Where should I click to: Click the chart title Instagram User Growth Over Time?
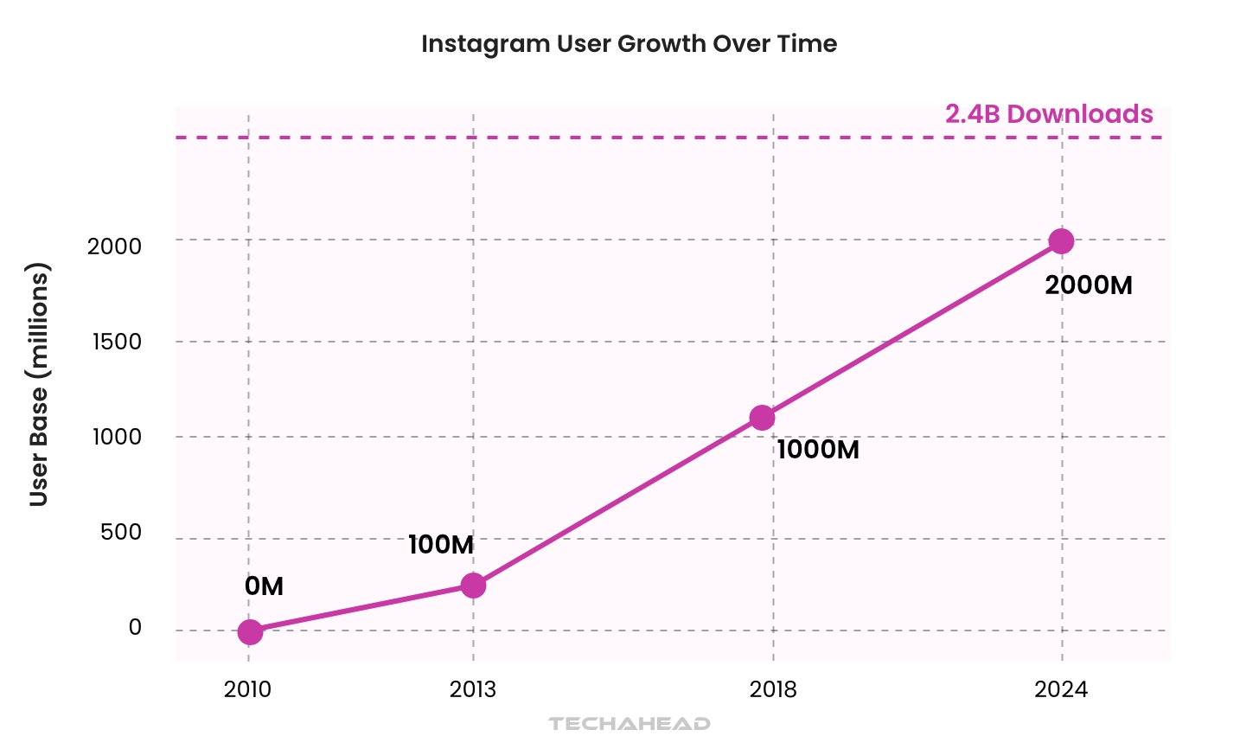(629, 44)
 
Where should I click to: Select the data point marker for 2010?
(249, 632)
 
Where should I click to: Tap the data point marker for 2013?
(473, 586)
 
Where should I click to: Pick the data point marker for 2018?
(762, 418)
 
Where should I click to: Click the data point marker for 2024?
(1061, 241)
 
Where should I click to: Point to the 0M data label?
(264, 586)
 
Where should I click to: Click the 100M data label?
(441, 545)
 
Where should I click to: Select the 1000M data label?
(818, 450)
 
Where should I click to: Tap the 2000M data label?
(1089, 285)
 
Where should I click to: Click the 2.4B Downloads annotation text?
(1049, 114)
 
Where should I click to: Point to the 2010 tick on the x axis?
(247, 689)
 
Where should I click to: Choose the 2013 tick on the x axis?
(473, 689)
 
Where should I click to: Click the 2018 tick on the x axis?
(773, 689)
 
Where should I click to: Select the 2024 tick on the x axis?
(1061, 689)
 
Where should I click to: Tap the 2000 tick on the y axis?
(114, 246)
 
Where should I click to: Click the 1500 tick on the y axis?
(117, 342)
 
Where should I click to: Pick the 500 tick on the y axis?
(121, 532)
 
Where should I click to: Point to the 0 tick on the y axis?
(135, 627)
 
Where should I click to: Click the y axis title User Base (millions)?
(39, 385)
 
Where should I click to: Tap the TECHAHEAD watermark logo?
(629, 723)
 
